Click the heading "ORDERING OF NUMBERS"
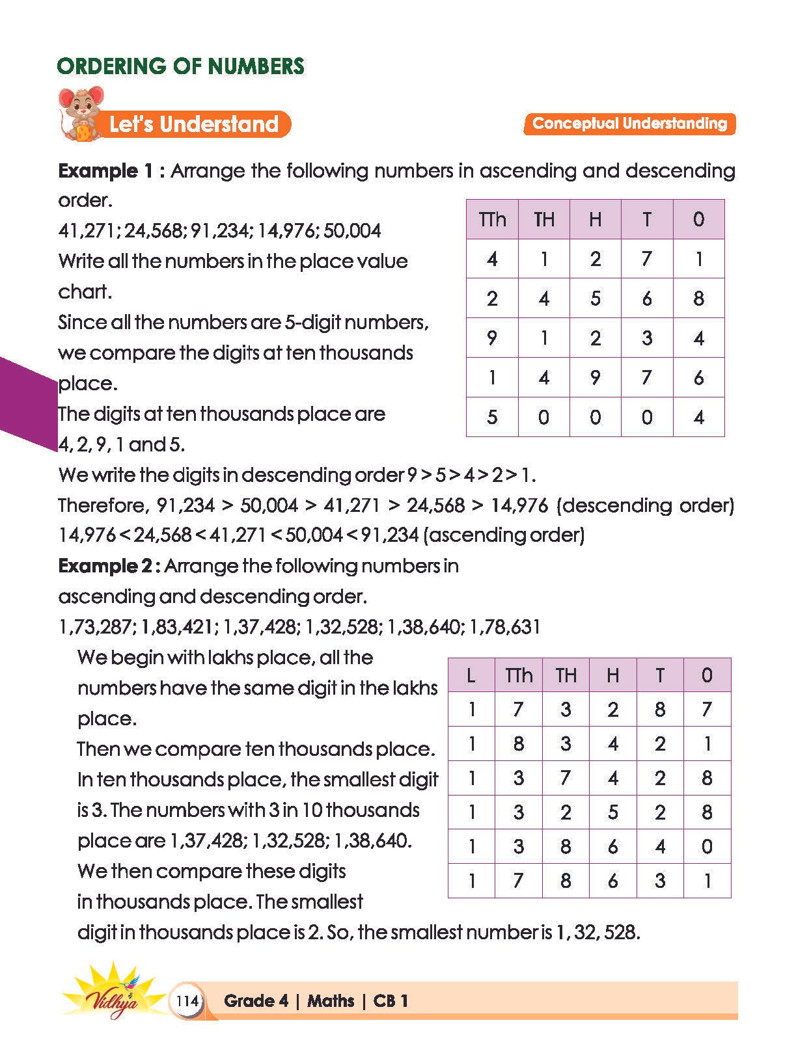[180, 66]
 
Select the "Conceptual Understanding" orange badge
[629, 124]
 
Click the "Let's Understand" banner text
[193, 124]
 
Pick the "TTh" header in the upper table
[492, 219]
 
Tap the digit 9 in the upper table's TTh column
[492, 338]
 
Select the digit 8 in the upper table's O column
[698, 299]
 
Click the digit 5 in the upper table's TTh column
[492, 417]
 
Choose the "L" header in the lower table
[471, 675]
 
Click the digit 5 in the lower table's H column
[612, 812]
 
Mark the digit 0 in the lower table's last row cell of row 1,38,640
[707, 847]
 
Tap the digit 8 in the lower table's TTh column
[518, 743]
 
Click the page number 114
[187, 1000]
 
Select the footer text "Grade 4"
[255, 1000]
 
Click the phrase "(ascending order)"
[504, 535]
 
